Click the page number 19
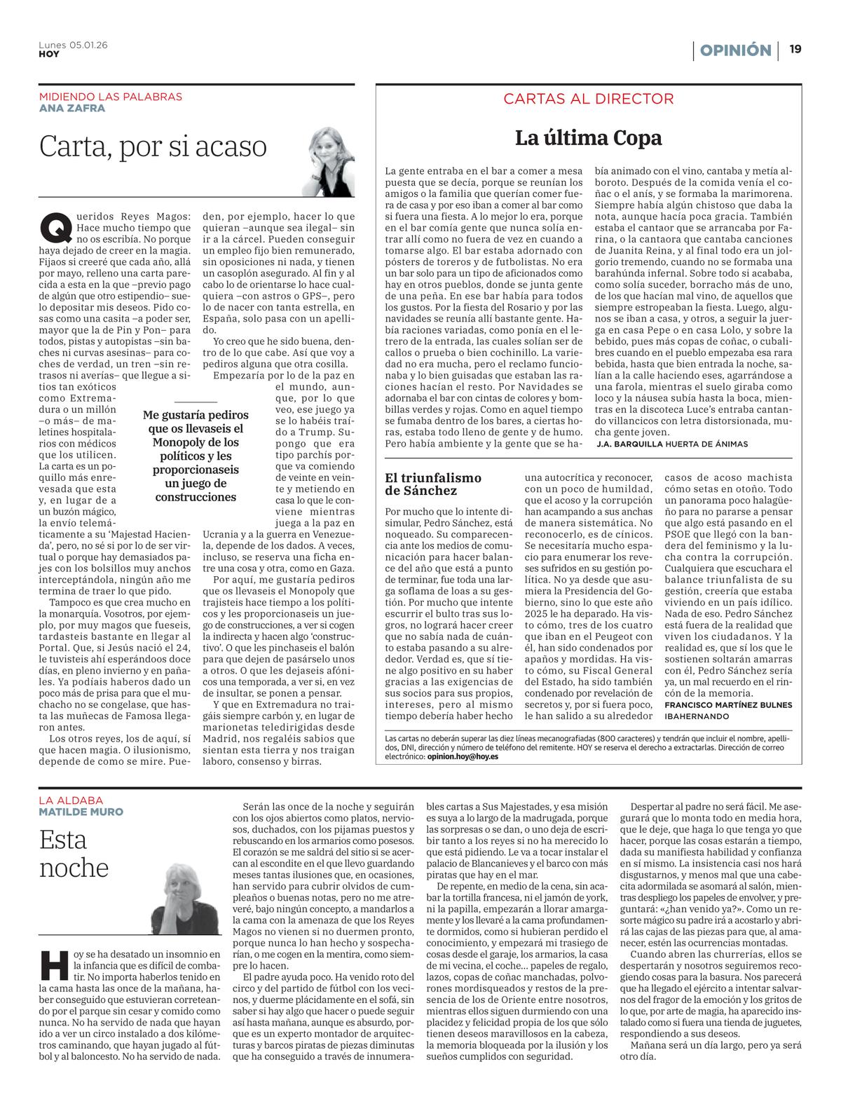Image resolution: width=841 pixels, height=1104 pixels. pos(795,50)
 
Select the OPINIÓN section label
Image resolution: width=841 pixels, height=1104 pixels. pos(735,50)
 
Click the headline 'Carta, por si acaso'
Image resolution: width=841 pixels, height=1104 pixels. pos(153,146)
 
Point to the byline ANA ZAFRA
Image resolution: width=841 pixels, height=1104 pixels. pos(72,108)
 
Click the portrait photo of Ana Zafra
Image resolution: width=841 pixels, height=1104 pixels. pos(327,161)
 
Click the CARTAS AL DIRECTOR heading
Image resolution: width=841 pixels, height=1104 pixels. pos(588,99)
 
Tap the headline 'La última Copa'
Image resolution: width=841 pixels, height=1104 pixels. pos(588,137)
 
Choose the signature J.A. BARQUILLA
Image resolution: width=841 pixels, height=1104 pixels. pos(629,444)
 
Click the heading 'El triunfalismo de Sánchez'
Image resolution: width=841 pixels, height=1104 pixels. pos(433,484)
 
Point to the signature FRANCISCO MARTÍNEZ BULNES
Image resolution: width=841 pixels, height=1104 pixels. pos(728,704)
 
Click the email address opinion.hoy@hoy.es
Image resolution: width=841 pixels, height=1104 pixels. pos(462,758)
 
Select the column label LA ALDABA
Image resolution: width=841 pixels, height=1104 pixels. pos(71,800)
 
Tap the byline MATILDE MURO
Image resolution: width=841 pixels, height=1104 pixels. pos(81,812)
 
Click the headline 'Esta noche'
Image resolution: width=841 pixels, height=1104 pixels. pos(74,853)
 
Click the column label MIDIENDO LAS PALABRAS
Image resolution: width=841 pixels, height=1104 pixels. pos(110,97)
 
